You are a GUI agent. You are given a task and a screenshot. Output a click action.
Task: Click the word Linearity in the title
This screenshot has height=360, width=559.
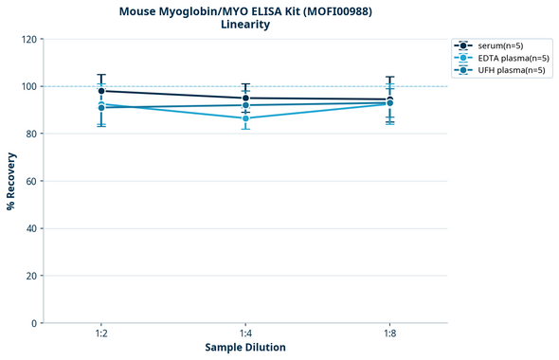pos(245,25)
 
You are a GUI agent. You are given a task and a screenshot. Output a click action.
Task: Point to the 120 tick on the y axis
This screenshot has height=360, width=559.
pos(28,39)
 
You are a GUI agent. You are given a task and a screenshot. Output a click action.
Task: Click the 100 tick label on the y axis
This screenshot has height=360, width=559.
pos(28,86)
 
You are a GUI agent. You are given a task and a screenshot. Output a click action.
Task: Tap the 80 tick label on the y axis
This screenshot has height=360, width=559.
pos(31,134)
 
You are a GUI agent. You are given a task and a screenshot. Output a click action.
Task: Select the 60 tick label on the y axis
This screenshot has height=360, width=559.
pos(31,181)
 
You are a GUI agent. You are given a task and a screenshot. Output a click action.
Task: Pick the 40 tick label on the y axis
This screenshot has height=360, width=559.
pos(31,228)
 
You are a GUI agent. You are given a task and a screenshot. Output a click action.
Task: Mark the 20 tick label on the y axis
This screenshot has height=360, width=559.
pos(31,276)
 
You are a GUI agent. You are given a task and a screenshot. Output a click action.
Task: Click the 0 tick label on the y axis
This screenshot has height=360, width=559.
pos(34,323)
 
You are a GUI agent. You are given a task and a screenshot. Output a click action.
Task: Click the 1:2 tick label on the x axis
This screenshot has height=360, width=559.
pos(101,334)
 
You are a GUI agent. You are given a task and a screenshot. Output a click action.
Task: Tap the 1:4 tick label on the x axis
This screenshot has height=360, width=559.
pos(245,334)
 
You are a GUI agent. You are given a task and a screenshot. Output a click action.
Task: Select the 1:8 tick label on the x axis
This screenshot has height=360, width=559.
pos(389,334)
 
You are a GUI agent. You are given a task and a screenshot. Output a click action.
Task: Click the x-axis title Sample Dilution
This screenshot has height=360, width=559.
pos(245,348)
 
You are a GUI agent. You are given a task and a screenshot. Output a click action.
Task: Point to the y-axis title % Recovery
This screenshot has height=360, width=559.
pos(11,181)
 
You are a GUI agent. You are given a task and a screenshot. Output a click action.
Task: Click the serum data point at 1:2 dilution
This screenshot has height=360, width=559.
pos(101,91)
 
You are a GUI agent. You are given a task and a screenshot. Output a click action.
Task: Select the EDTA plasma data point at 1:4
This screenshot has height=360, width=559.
pos(245,118)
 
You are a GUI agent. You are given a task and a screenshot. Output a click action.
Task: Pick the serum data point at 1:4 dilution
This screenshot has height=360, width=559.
pos(245,99)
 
